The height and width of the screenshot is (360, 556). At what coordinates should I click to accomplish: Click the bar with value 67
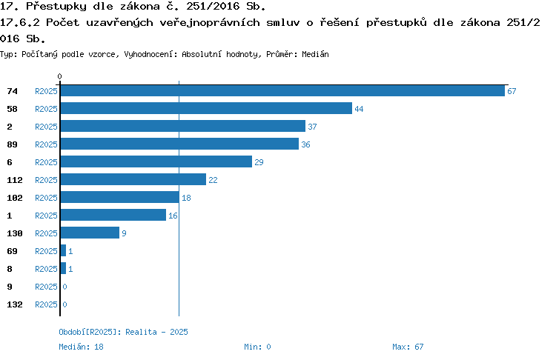(x=282, y=90)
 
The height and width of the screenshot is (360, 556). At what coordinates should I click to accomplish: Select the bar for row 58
(x=206, y=108)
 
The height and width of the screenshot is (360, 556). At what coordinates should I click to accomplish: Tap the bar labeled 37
(x=183, y=126)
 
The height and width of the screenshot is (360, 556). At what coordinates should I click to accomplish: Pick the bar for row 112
(x=133, y=179)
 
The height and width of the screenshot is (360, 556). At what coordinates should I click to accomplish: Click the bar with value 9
(x=90, y=233)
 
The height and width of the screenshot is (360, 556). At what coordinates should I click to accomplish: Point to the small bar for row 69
(x=64, y=250)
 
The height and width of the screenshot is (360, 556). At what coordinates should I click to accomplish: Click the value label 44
(x=359, y=109)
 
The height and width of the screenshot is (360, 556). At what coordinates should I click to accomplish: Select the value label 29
(x=259, y=162)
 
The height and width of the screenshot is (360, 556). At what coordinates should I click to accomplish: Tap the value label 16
(x=173, y=216)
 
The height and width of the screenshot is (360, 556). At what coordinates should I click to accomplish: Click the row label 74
(x=12, y=91)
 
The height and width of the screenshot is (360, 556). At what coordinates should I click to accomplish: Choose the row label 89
(x=12, y=144)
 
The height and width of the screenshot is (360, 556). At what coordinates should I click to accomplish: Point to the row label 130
(x=15, y=233)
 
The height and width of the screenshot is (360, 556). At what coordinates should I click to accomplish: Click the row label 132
(x=15, y=304)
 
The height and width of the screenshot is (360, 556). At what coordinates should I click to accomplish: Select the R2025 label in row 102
(x=46, y=198)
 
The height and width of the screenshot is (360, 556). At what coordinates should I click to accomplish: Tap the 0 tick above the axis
(x=59, y=76)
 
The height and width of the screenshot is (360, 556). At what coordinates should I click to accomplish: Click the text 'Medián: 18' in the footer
(x=82, y=347)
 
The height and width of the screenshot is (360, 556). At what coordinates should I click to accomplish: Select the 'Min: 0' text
(x=257, y=347)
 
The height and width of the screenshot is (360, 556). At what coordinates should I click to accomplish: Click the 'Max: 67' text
(x=408, y=347)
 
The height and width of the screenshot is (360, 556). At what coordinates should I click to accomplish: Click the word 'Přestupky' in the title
(x=56, y=7)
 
